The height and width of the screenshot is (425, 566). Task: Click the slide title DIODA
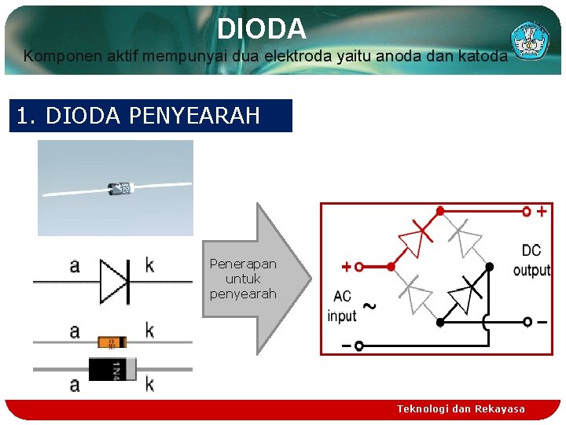pyautogui.click(x=261, y=29)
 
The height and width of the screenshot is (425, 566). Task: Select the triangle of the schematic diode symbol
pyautogui.click(x=112, y=281)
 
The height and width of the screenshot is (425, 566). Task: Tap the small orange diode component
pyautogui.click(x=112, y=342)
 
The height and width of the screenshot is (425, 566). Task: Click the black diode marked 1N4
pyautogui.click(x=112, y=368)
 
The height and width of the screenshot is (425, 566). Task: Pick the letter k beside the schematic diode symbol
pyautogui.click(x=149, y=265)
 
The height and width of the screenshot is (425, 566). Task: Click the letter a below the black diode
pyautogui.click(x=75, y=385)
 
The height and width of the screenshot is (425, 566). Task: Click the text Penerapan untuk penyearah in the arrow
pyautogui.click(x=243, y=279)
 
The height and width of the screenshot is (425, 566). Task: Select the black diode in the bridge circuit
pyautogui.click(x=466, y=295)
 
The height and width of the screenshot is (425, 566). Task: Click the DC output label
pyautogui.click(x=531, y=261)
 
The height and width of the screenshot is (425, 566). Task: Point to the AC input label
pyautogui.click(x=342, y=306)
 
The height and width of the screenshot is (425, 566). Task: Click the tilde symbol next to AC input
pyautogui.click(x=367, y=305)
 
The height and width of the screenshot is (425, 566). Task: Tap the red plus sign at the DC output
pyautogui.click(x=542, y=211)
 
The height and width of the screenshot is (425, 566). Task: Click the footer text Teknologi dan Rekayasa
pyautogui.click(x=461, y=409)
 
